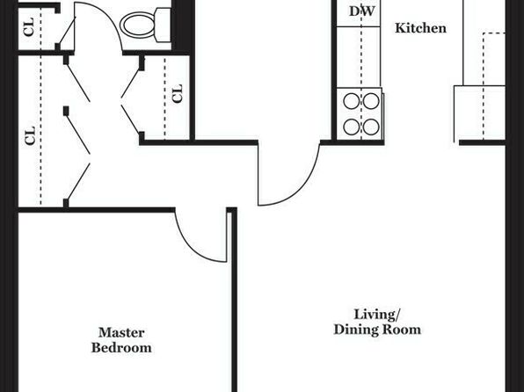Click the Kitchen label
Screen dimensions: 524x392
tap(420, 28)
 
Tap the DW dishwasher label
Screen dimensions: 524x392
tap(362, 11)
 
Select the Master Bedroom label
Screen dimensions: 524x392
tap(121, 340)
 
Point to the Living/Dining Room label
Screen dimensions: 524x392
tap(377, 322)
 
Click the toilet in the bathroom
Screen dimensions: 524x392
tap(146, 25)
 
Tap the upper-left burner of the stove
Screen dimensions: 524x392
tap(352, 101)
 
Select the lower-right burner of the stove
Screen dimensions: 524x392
tap(371, 127)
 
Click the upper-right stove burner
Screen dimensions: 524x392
tap(371, 101)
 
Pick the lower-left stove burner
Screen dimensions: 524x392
tap(352, 127)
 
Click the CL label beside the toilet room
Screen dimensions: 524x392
tap(29, 26)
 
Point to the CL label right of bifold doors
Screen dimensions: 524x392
tap(178, 93)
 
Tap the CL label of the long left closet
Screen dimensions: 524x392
tap(30, 135)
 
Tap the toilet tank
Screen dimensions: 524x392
tap(164, 25)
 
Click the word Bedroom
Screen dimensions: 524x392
tap(121, 348)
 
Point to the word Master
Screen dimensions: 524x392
tap(121, 332)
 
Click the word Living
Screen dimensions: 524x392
tap(377, 315)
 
